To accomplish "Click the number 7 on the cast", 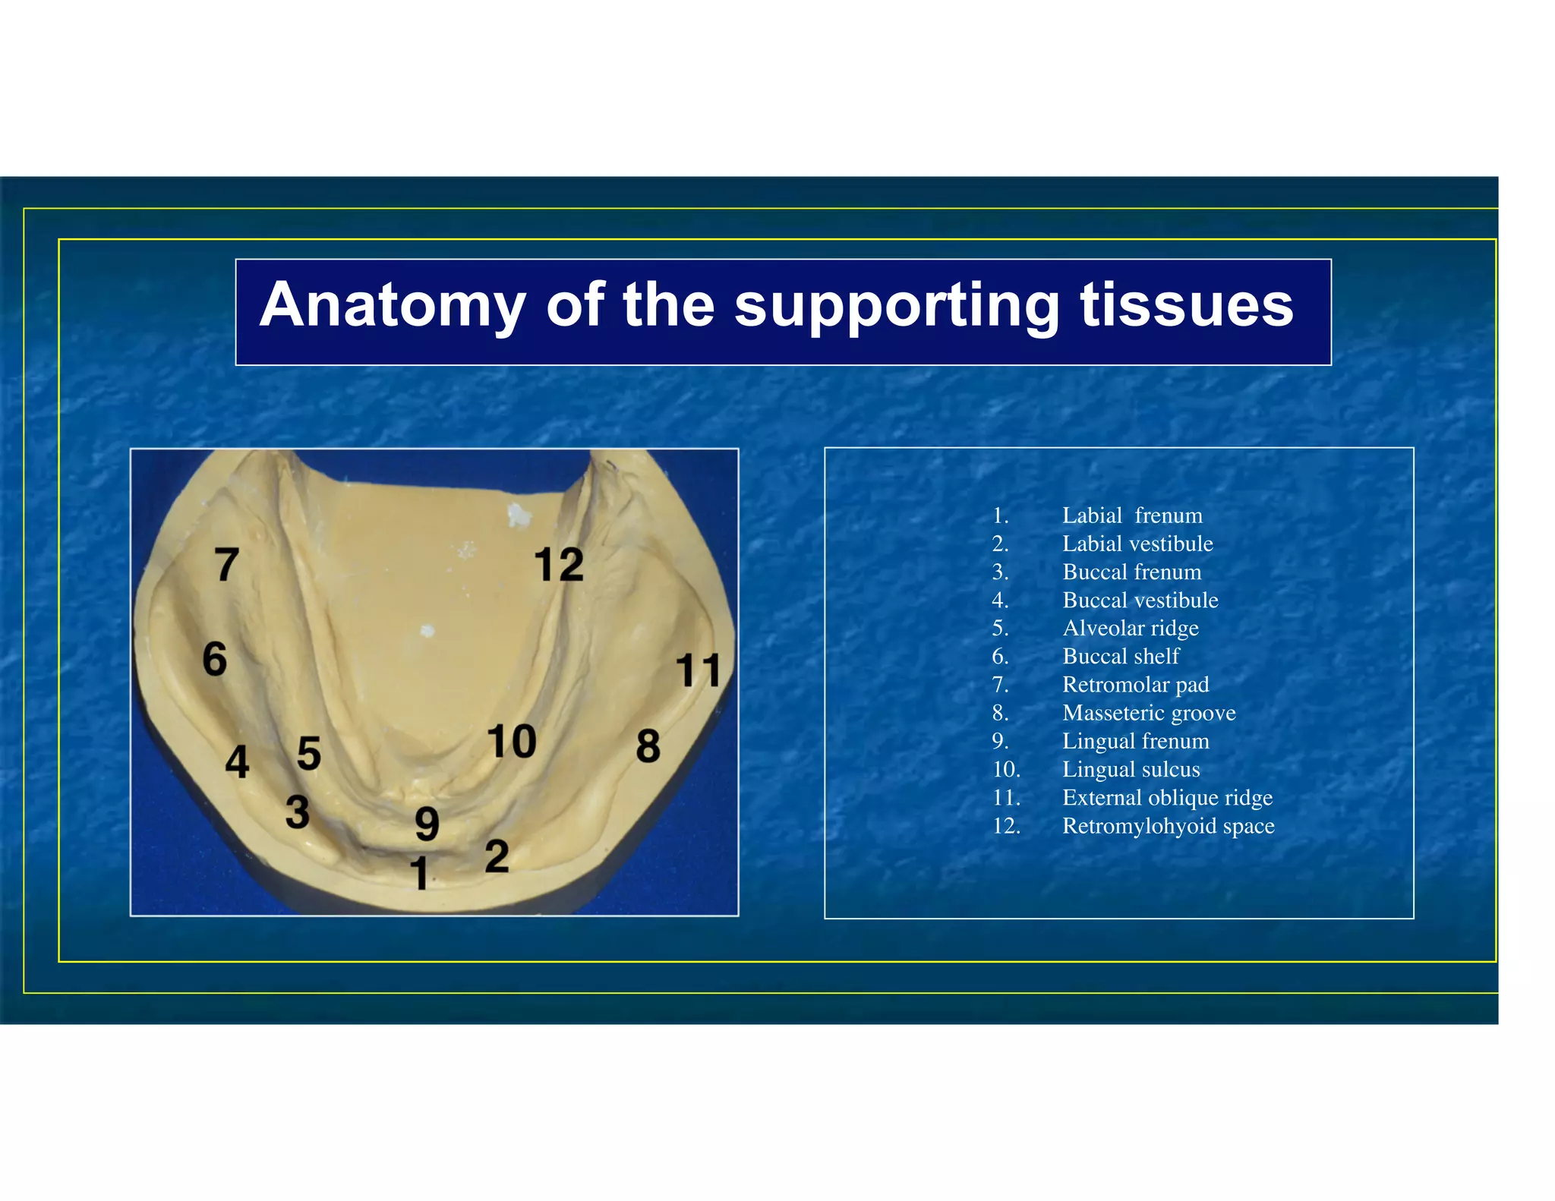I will pos(226,565).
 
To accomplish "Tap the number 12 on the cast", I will pos(559,565).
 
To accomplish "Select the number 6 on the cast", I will pos(215,658).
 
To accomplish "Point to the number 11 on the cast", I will pos(697,670).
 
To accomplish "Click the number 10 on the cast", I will pos(512,741).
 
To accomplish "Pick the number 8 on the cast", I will pos(648,746).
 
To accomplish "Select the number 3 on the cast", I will pos(297,812).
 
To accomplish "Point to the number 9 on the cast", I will pos(427,824).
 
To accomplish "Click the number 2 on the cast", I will pos(497,856).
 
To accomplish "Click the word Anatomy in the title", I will pos(393,304).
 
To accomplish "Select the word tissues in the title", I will pos(1186,304).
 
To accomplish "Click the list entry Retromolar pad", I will pos(1134,685).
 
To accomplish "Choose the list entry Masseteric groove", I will pos(1148,713).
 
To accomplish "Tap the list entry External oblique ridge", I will pos(1166,798).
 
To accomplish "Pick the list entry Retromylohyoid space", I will pos(1168,826).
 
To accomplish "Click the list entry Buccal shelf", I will pos(1121,657).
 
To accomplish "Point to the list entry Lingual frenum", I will pos(1135,741).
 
